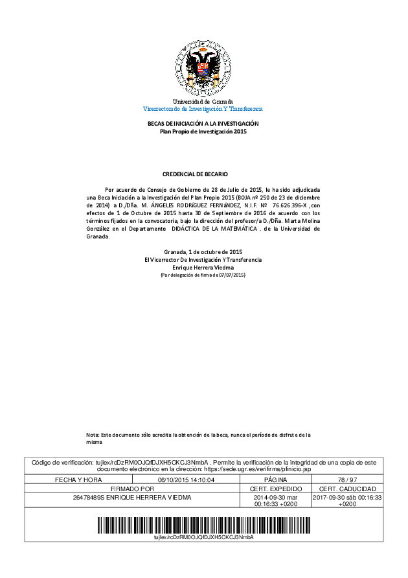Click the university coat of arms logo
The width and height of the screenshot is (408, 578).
click(203, 69)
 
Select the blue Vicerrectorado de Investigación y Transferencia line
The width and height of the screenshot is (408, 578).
click(203, 109)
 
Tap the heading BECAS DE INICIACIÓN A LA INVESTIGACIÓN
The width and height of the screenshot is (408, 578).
click(203, 124)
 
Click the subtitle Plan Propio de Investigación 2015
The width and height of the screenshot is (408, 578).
click(203, 132)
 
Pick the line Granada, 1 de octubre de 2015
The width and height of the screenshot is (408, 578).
click(203, 251)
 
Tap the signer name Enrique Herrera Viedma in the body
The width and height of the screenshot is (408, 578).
click(203, 268)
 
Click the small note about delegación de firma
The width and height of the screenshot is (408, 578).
click(203, 275)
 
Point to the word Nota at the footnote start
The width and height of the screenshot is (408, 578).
click(93, 434)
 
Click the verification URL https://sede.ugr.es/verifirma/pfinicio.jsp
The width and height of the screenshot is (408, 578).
click(258, 468)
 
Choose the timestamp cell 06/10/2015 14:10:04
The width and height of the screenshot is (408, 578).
click(186, 480)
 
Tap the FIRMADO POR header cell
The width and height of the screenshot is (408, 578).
click(132, 489)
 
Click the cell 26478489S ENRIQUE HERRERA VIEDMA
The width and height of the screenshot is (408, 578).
click(132, 498)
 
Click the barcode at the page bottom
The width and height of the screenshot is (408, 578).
click(203, 524)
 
